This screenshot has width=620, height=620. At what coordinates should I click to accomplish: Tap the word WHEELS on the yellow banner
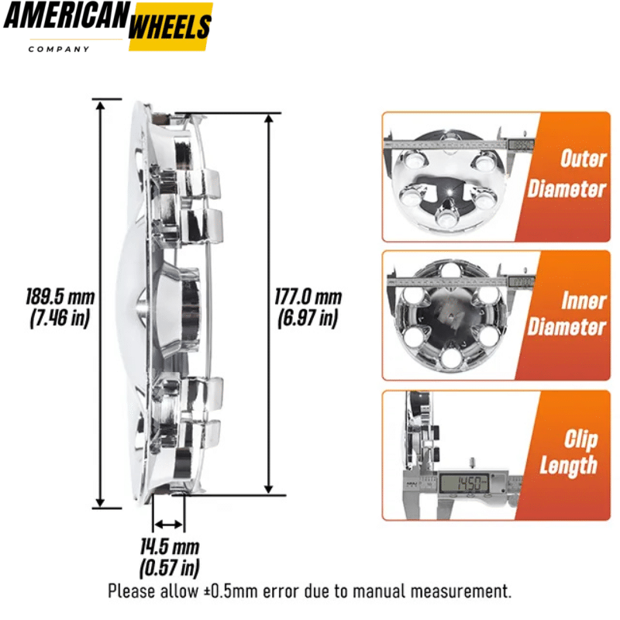click(x=170, y=26)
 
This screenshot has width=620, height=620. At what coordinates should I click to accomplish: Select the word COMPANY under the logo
click(x=59, y=50)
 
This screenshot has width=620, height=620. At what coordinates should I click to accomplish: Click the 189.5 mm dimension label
click(x=60, y=297)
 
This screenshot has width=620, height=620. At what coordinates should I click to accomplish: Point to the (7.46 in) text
click(x=60, y=317)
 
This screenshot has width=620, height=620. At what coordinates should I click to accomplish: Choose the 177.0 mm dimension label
click(x=308, y=297)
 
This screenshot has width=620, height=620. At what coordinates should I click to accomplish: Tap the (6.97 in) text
click(x=308, y=317)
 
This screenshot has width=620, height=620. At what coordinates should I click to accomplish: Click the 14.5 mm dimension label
click(x=170, y=547)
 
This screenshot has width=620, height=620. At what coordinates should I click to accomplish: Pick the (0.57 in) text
click(x=170, y=568)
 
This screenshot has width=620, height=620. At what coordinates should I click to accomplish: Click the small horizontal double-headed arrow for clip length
click(x=168, y=525)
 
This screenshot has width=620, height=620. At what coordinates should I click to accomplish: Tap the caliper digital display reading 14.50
click(x=463, y=483)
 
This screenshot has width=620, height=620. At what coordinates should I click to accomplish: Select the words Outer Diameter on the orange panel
click(x=567, y=174)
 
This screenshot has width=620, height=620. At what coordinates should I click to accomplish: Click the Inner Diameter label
click(x=567, y=314)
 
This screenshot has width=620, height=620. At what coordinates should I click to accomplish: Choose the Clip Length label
click(x=569, y=453)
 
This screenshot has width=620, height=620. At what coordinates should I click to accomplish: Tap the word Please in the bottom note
click(x=133, y=592)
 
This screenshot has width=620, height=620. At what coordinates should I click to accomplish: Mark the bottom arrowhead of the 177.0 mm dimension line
click(x=269, y=489)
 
